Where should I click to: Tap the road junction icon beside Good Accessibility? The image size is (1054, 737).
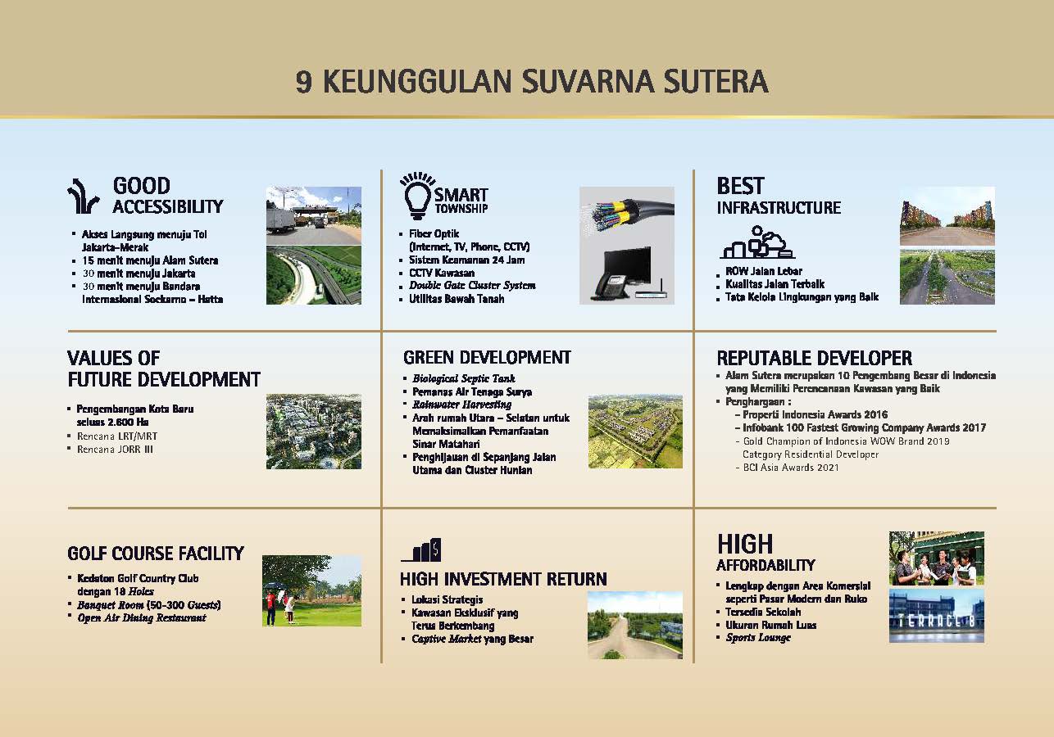83,196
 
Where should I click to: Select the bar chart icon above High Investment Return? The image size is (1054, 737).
421,550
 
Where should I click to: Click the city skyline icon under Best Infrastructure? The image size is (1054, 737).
757,242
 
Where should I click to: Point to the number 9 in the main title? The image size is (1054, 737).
303,82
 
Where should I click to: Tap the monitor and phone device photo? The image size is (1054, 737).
627,273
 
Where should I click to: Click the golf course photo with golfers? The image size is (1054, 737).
312,590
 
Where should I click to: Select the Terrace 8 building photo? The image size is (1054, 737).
936,616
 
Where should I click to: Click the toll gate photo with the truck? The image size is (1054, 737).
314,215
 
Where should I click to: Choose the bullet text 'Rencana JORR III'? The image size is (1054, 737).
115,450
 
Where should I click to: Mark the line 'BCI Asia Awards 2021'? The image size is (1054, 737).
790,468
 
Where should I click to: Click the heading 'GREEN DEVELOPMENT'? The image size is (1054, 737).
487,358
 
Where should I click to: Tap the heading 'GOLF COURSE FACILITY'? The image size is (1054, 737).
156,554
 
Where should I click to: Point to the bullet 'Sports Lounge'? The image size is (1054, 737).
758,638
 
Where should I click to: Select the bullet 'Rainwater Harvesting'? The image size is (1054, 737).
461,405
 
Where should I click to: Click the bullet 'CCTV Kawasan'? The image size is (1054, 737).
442,273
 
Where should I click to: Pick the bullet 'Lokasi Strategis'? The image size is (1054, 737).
447,599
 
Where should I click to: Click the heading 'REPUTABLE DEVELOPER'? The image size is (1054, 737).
815,358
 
